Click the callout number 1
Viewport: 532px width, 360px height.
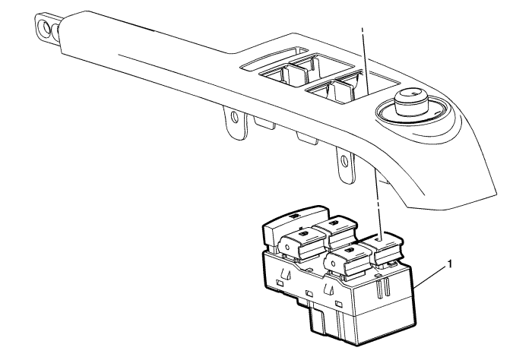[450, 264]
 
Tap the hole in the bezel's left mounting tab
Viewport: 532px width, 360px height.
[234, 117]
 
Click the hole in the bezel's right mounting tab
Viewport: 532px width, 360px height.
[344, 160]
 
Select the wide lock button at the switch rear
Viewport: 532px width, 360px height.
[294, 225]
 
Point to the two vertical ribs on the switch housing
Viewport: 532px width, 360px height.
[383, 288]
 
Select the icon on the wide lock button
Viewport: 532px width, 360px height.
[294, 215]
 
